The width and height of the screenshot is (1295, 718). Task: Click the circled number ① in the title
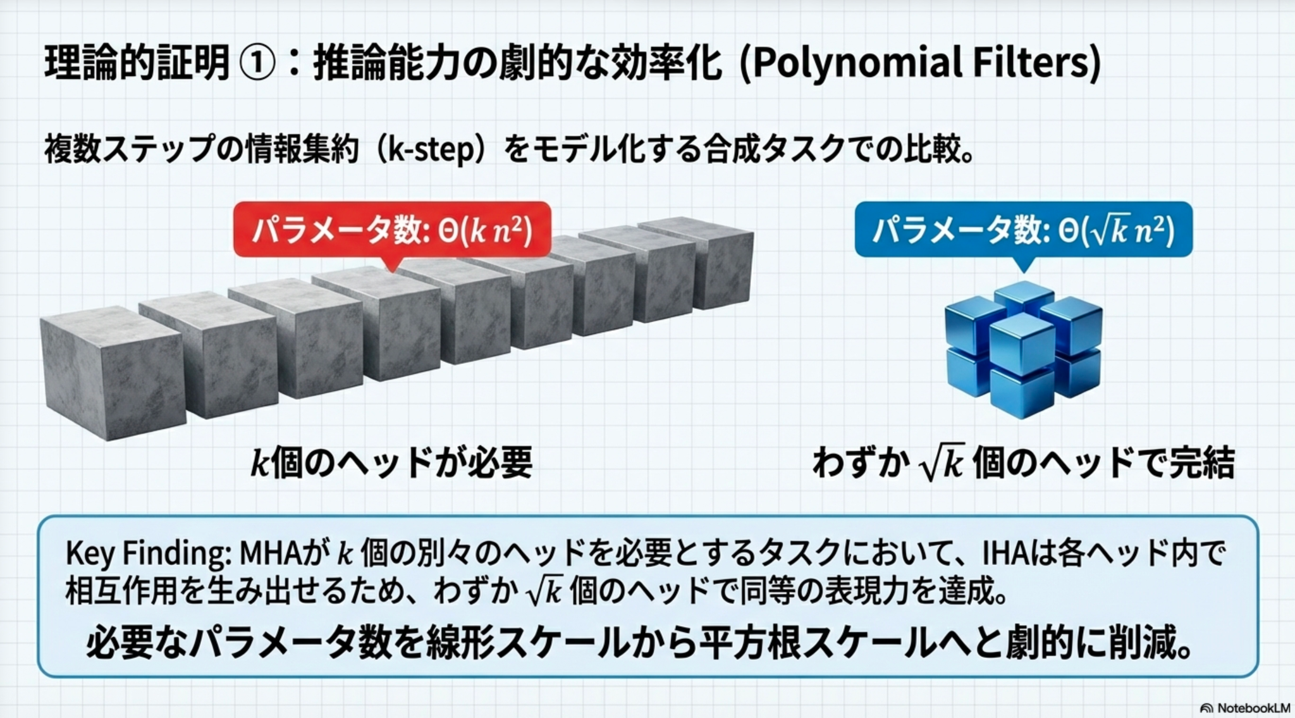258,63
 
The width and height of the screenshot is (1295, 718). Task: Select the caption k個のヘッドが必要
391,462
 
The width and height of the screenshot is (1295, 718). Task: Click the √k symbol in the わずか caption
942,462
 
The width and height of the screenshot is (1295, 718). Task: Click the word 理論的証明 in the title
137,63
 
